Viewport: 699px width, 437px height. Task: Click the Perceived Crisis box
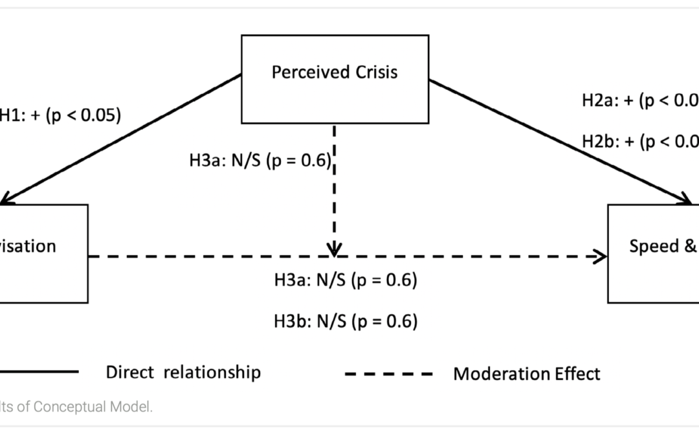(335, 79)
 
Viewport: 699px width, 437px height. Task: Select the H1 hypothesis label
(59, 115)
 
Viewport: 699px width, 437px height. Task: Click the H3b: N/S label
(346, 321)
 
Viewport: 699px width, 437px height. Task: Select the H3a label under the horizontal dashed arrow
(346, 280)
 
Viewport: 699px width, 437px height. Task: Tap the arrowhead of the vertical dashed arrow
(334, 249)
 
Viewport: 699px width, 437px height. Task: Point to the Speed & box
(653, 253)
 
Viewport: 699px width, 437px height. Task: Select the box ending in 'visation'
(43, 253)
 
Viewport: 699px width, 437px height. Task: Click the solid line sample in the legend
(39, 372)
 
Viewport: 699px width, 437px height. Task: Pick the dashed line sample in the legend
(388, 374)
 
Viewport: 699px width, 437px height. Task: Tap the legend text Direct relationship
(183, 372)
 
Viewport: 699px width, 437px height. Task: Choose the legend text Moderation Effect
(527, 374)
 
